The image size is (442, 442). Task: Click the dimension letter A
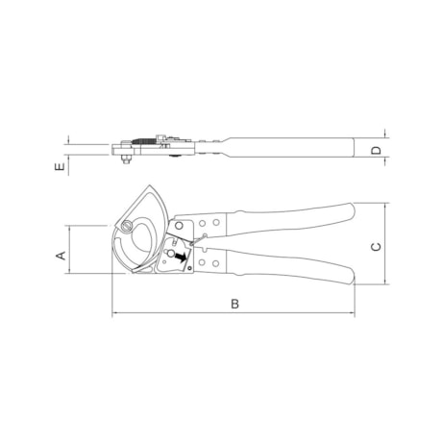pos(61,256)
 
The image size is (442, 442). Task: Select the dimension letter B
pos(234,304)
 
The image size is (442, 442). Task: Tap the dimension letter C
pos(376,247)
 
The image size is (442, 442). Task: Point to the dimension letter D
pos(377,151)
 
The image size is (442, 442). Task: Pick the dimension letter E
pos(60,166)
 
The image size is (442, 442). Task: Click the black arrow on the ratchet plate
pos(182,257)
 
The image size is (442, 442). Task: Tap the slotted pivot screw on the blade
pos(127,227)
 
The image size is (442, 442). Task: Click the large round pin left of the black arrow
pos(171,254)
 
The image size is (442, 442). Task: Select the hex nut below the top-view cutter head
pos(127,159)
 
